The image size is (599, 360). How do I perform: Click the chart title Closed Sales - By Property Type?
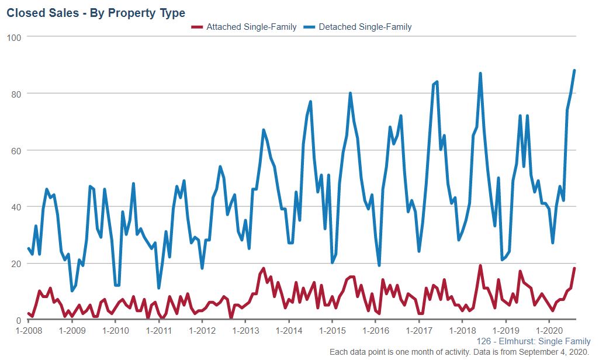(96, 13)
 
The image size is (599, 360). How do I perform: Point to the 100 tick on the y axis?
(14, 37)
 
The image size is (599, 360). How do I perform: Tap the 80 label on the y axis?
(16, 94)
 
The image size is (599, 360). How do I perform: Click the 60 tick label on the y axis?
(16, 150)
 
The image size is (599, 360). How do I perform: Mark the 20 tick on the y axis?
(16, 264)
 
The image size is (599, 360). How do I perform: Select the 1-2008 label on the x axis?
(28, 331)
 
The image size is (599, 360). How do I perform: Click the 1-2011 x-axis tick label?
(158, 331)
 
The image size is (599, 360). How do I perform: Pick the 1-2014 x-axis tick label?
(288, 331)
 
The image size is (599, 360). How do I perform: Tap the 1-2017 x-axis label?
(418, 331)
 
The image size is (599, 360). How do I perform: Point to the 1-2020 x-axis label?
(549, 331)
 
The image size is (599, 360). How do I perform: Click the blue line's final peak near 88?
(574, 71)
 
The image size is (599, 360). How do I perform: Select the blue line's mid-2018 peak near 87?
(480, 74)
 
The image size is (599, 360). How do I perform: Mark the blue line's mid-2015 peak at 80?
(350, 94)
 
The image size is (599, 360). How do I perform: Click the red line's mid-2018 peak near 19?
(480, 266)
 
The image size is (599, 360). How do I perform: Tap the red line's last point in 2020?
(574, 269)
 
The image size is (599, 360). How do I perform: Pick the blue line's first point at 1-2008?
(28, 249)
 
